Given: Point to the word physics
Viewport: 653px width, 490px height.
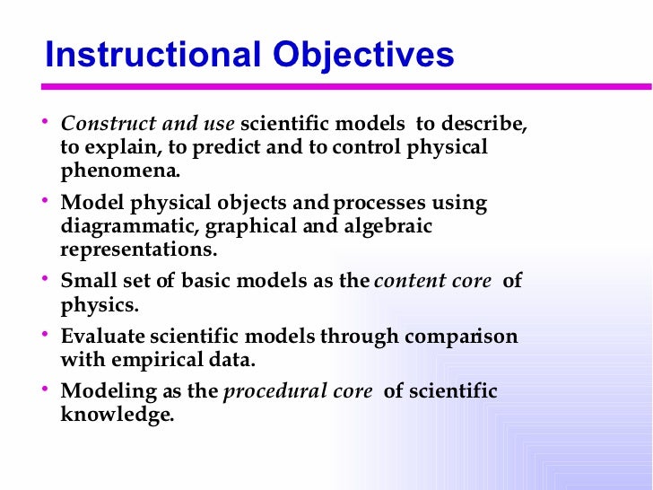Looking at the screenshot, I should click(100, 304).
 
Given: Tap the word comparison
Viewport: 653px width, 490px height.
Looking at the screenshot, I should click(462, 337).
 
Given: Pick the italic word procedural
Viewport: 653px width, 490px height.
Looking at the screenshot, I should click(266, 392).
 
